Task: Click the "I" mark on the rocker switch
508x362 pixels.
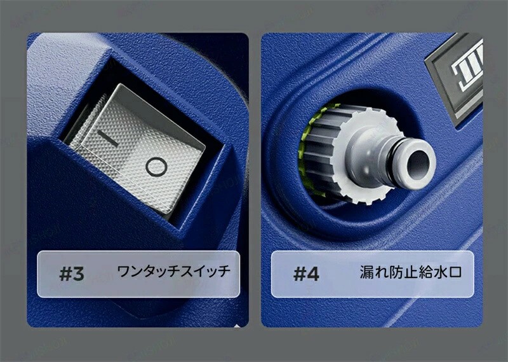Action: (x=108, y=138)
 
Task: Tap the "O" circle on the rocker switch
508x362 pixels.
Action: (x=156, y=167)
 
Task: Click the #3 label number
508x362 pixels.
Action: (x=72, y=274)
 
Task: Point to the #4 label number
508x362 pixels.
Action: (x=306, y=274)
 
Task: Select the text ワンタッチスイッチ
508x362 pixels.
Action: (x=173, y=272)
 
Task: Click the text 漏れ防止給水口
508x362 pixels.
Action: (x=410, y=272)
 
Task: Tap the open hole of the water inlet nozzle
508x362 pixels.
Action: (x=418, y=165)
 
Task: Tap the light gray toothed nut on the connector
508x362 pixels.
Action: (x=366, y=156)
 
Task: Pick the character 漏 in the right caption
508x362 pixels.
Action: (x=367, y=272)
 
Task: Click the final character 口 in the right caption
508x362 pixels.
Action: (x=455, y=273)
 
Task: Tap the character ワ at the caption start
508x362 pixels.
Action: (x=123, y=272)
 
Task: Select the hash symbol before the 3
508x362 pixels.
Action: (x=65, y=274)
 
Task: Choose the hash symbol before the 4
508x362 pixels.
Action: (x=300, y=274)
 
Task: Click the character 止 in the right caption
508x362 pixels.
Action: (x=410, y=272)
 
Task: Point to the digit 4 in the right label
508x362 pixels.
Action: (x=313, y=274)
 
